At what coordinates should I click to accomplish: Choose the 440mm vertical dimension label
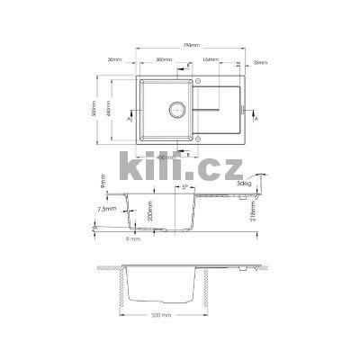[111, 108]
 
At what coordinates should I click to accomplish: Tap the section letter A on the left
[130, 118]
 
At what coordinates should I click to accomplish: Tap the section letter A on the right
[257, 118]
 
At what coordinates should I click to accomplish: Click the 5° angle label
[184, 188]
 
